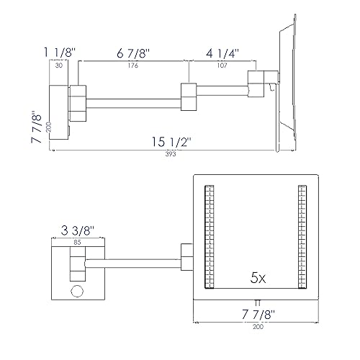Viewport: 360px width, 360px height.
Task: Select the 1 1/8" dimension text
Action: pos(59,52)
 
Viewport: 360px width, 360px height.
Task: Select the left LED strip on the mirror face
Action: pos(210,238)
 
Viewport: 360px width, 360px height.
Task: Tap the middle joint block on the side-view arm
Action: pos(189,96)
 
